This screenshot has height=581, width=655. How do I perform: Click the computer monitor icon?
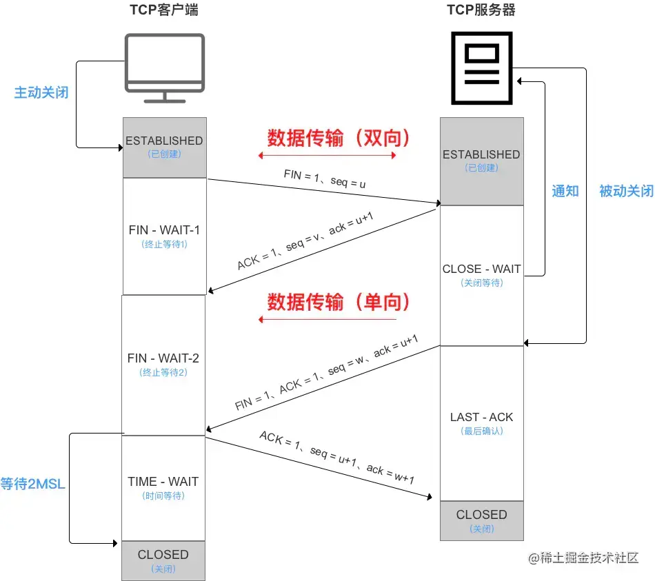[x=164, y=67]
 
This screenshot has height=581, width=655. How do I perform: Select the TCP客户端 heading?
[x=164, y=10]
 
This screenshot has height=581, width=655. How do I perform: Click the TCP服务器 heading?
[x=481, y=10]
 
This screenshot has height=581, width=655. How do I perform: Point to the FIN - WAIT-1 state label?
[x=164, y=230]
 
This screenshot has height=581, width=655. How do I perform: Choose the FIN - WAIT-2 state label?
[x=164, y=358]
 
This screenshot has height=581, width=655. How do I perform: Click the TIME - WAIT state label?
[x=163, y=482]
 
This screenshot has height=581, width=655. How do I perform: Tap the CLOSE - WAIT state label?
[x=481, y=269]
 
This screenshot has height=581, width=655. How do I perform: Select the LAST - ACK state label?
[x=481, y=417]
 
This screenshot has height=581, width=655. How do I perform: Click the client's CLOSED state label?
[x=163, y=554]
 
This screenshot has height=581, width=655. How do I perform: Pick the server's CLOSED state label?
[x=481, y=515]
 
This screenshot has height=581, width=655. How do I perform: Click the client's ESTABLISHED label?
[x=164, y=141]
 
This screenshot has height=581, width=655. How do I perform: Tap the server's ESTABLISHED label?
[x=481, y=154]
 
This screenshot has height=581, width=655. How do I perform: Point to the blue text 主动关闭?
[x=41, y=92]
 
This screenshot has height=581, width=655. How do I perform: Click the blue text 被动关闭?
[x=626, y=191]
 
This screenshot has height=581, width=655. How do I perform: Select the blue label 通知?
[x=565, y=191]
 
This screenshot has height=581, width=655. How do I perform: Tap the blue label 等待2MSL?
[x=32, y=484]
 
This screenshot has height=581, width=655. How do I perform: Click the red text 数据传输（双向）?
[x=339, y=139]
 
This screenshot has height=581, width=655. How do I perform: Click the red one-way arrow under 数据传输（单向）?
[x=327, y=320]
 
